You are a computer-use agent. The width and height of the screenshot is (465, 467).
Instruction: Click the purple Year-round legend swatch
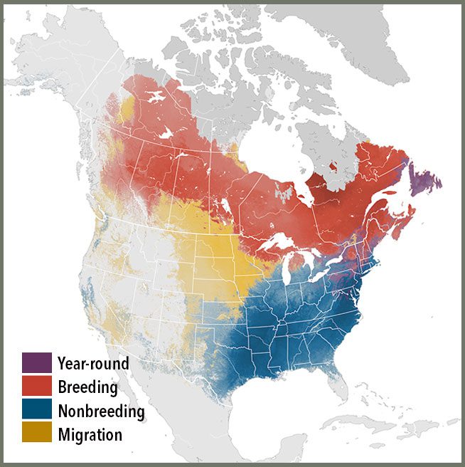point(37,362)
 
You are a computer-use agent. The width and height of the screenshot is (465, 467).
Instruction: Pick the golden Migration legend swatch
point(37,433)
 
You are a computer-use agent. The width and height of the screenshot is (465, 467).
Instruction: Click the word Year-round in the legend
point(94,364)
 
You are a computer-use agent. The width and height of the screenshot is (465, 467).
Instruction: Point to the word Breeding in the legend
point(88,387)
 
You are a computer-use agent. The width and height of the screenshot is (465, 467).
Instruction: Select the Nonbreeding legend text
point(102,411)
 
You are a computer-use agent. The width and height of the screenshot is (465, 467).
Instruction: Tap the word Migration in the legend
point(91,434)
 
